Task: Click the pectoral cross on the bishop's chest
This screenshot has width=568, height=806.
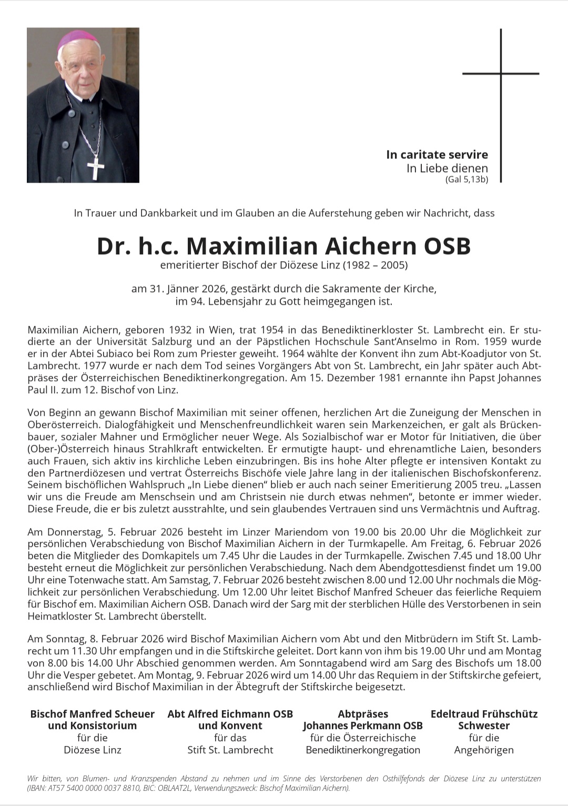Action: pos(96,168)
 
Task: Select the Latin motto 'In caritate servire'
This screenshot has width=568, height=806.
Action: pos(437,155)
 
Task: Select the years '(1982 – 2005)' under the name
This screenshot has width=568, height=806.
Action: pos(375,265)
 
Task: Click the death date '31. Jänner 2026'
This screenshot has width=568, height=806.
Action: pos(188,288)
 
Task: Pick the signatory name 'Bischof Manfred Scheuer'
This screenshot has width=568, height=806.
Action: pos(93,714)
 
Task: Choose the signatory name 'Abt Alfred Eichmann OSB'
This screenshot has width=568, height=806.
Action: pos(230,714)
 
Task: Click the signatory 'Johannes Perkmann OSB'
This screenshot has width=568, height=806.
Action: pos(363,725)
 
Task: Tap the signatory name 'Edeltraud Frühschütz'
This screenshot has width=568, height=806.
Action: pos(484,714)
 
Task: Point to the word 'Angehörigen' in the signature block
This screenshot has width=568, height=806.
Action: pos(484,750)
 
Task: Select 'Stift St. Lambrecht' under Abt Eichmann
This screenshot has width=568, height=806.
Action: pos(230,750)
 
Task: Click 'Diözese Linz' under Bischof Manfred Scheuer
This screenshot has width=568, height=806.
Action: pos(93,750)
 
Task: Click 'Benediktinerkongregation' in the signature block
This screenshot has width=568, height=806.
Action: pos(363,750)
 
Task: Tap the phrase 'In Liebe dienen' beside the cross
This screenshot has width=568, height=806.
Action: pos(447,168)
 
